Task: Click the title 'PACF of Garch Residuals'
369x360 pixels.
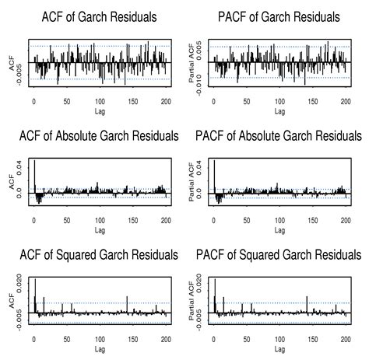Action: coord(274,16)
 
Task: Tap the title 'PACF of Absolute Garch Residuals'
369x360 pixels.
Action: coord(274,136)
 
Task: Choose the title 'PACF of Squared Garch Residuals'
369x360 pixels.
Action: coord(274,256)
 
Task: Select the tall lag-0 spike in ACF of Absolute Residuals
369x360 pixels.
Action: coord(34,175)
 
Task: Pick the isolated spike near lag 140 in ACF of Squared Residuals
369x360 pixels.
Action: coord(126,304)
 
